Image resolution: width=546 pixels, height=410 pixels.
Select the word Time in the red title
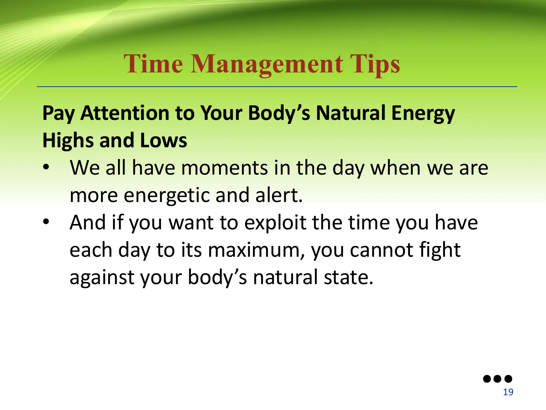click(153, 64)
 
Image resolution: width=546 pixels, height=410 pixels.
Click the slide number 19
click(508, 392)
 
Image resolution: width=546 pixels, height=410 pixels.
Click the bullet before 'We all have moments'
click(46, 167)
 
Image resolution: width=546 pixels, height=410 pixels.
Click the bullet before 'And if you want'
click(46, 222)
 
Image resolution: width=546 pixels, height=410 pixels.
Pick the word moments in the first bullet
click(224, 168)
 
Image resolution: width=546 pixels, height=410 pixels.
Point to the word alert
click(279, 195)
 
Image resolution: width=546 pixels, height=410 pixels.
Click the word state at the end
click(348, 278)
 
